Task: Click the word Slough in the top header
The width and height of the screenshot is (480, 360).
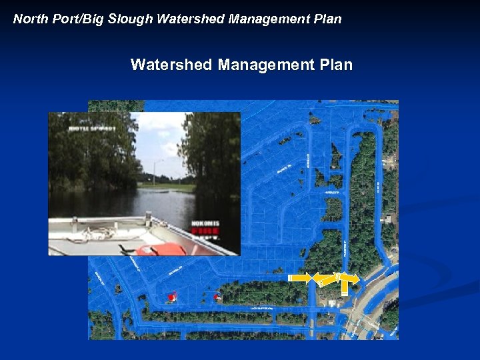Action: [x=131, y=19]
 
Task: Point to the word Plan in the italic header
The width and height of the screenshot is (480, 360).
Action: [x=327, y=19]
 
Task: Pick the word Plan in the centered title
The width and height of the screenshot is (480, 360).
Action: [x=336, y=65]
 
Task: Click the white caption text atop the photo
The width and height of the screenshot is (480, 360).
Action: [x=91, y=127]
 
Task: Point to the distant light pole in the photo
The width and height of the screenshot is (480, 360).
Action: [x=155, y=172]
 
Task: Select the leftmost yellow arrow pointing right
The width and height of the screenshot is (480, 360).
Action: [x=300, y=277]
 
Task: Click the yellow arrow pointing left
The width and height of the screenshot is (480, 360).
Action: [x=323, y=279]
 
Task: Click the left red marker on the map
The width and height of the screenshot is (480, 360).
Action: [x=173, y=297]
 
